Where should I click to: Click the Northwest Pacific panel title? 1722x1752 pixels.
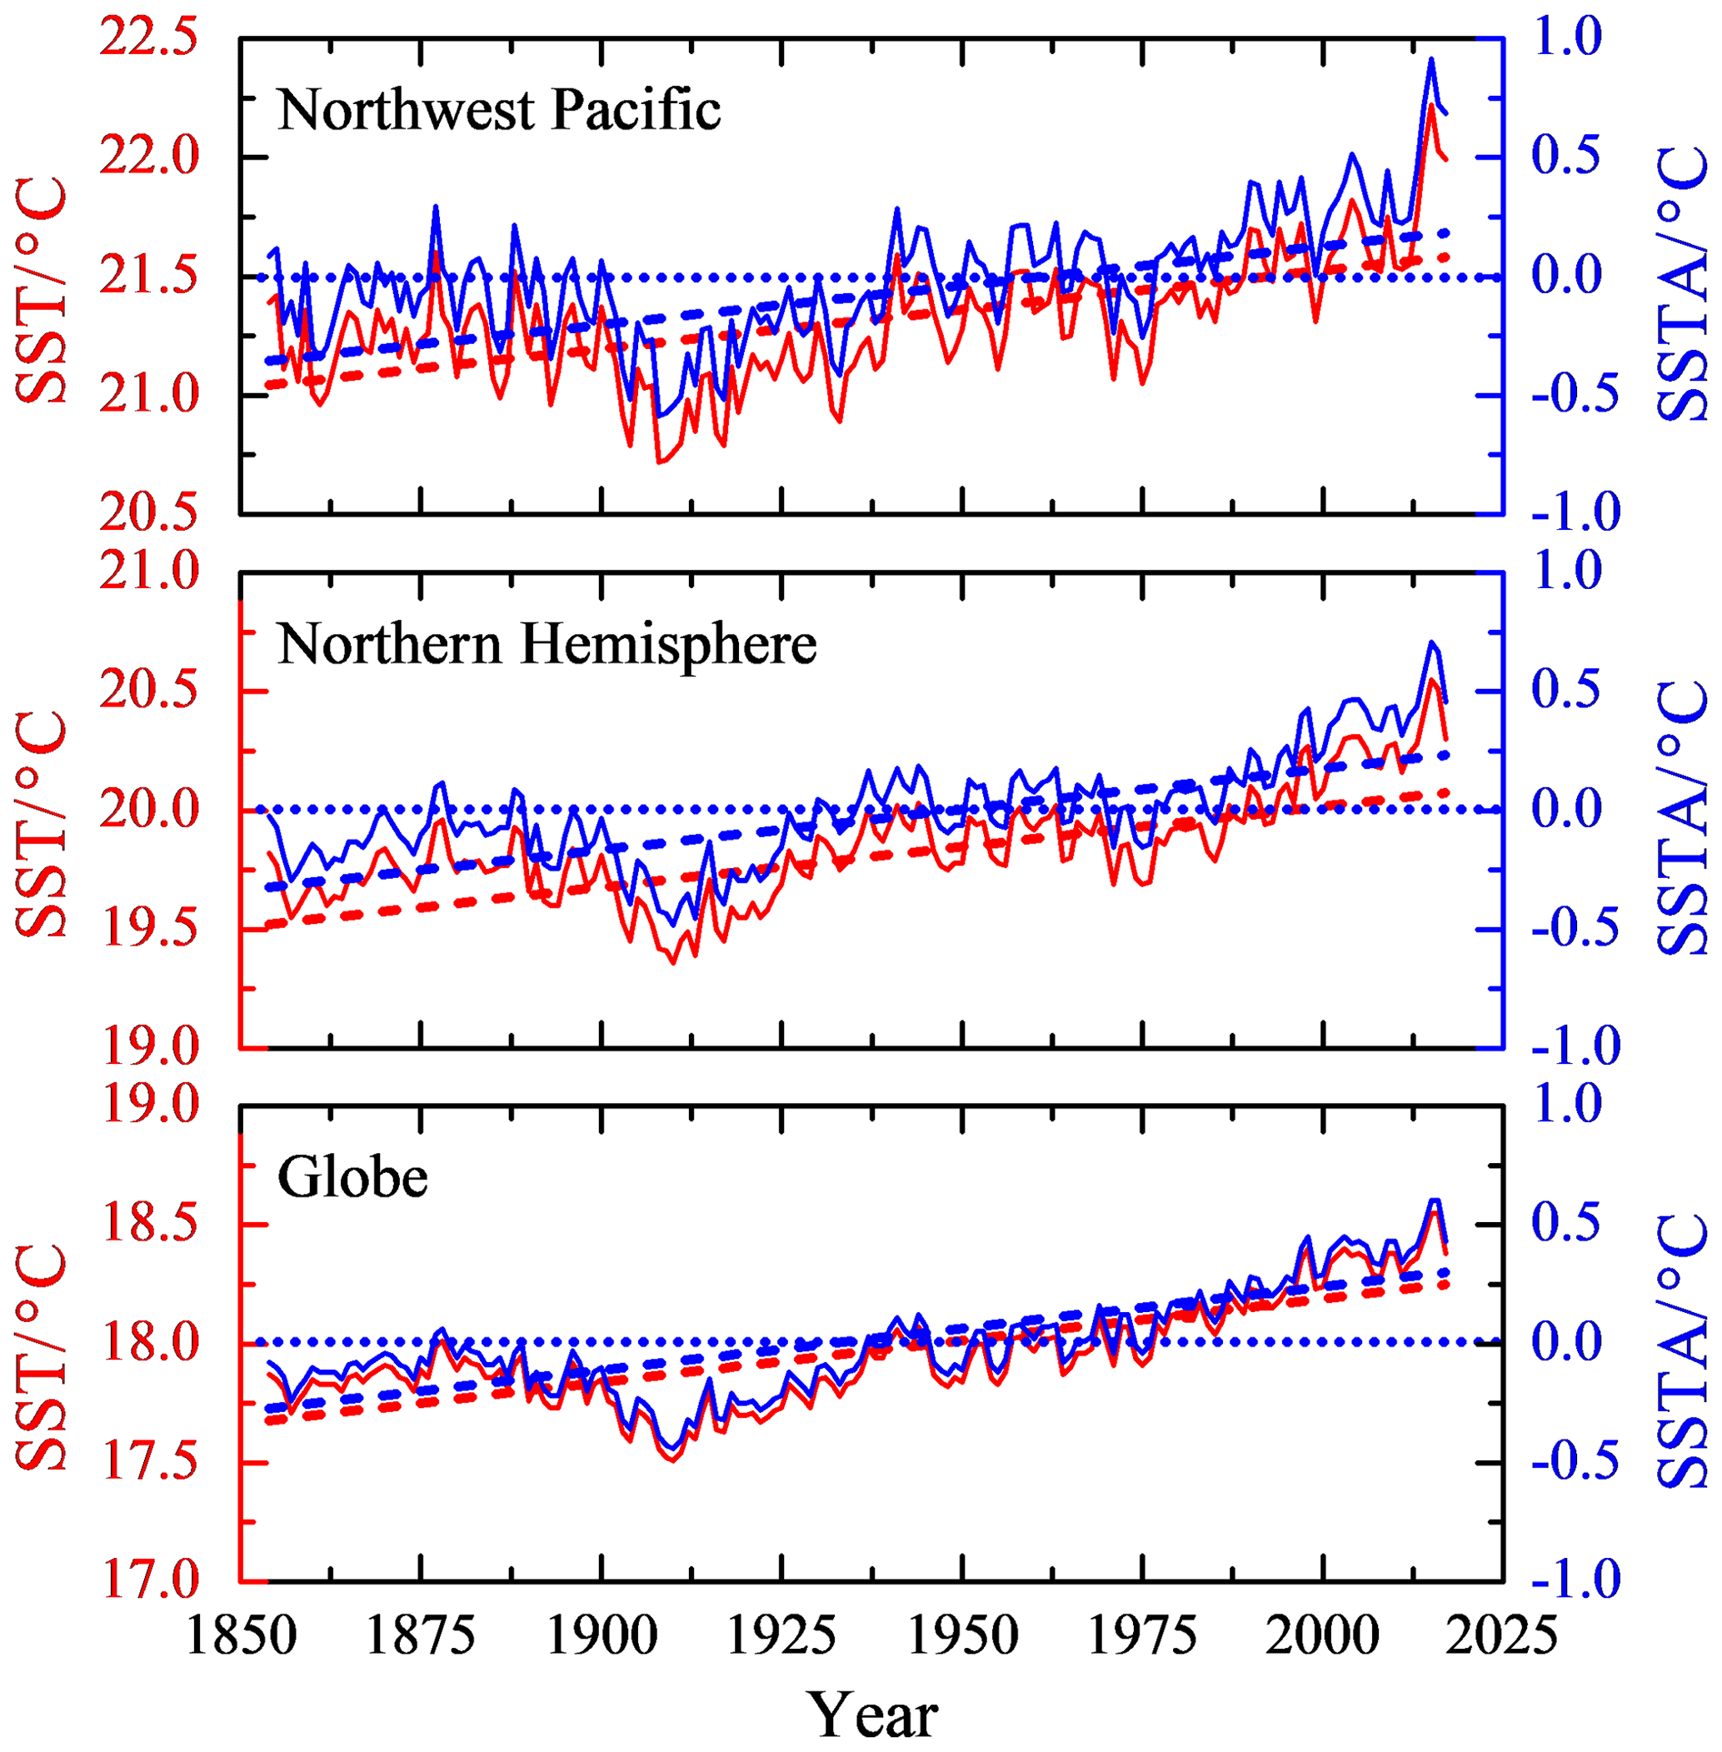(x=499, y=110)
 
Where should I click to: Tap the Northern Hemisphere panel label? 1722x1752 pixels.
(x=547, y=645)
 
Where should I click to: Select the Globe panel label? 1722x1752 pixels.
(x=352, y=1178)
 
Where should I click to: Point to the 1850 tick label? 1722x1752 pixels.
(x=241, y=1636)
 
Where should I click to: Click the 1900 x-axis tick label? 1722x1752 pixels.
(x=601, y=1636)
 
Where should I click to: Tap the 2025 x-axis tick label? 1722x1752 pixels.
(x=1503, y=1636)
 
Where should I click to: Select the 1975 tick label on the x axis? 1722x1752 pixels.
(x=1142, y=1636)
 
